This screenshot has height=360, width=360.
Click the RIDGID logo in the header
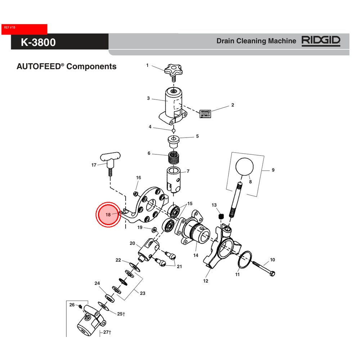coord(321,41)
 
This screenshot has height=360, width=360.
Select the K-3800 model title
coord(38,42)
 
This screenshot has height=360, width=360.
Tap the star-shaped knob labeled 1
coord(173,69)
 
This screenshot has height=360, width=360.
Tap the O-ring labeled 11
coord(244,260)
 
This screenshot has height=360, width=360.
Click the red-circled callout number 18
coord(108,215)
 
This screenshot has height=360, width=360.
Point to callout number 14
coord(196,255)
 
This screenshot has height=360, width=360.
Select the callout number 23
coord(143,293)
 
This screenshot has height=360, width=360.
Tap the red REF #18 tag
coord(24,29)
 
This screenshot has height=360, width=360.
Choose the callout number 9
coord(273,170)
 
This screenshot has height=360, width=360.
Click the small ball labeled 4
coord(173,130)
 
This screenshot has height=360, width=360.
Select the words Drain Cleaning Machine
coord(256,41)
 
